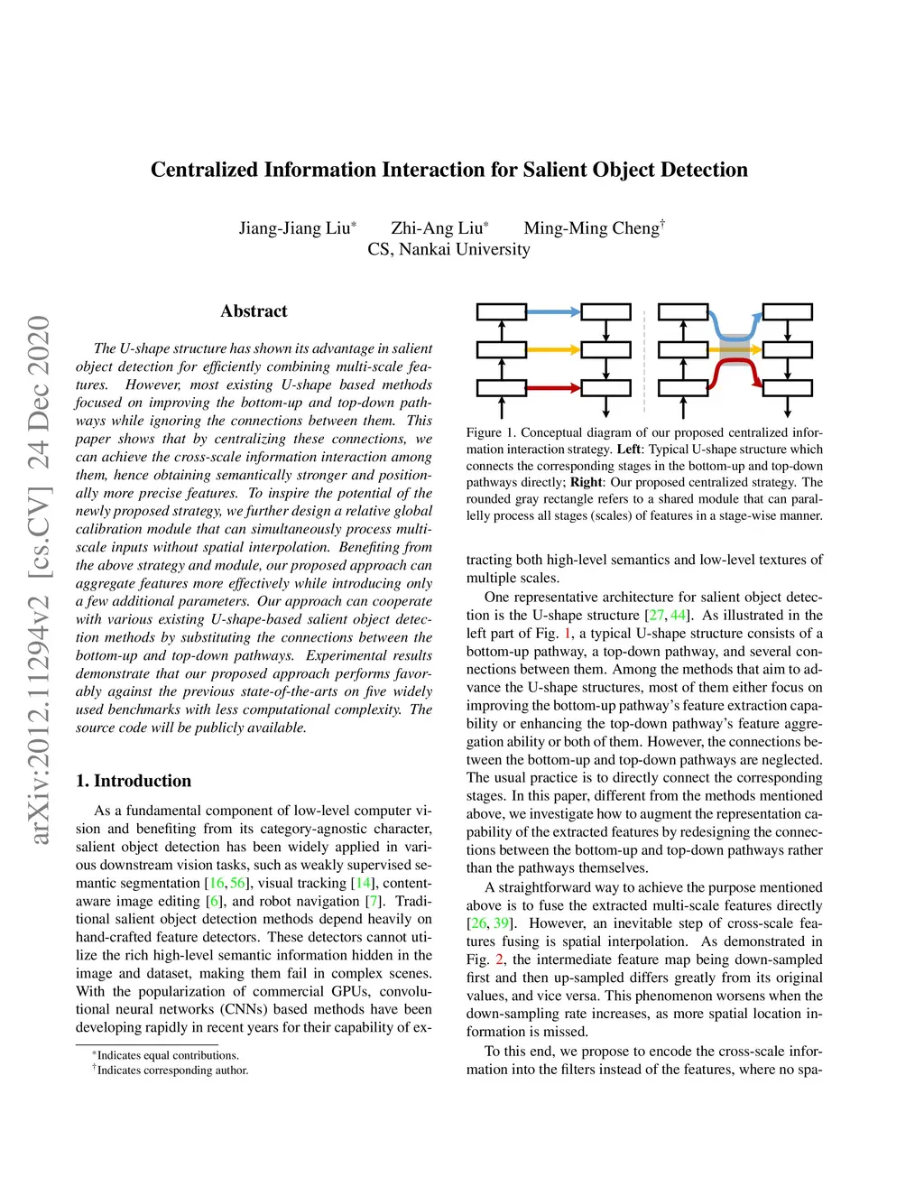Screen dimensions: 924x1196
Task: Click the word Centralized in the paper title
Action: coord(204,170)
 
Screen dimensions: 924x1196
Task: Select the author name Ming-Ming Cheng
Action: coord(594,227)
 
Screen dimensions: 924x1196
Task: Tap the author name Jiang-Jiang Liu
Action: coord(297,227)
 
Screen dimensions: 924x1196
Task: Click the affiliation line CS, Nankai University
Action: coord(448,249)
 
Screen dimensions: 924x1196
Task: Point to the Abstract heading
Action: coord(254,311)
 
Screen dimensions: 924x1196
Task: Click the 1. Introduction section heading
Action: coord(134,781)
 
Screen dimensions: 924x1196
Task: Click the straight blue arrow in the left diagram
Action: coord(553,312)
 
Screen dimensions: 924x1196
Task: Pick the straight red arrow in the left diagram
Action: coord(553,388)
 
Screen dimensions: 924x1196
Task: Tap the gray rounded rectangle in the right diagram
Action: coord(735,349)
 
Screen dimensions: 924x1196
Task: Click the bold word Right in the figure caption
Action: coord(587,482)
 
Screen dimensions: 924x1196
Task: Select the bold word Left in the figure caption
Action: coord(629,450)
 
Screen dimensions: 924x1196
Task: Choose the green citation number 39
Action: coord(501,923)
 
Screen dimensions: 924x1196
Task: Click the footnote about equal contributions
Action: coord(165,1055)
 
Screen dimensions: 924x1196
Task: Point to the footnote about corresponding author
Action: coord(171,1070)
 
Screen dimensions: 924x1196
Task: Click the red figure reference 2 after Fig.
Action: coord(499,960)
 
